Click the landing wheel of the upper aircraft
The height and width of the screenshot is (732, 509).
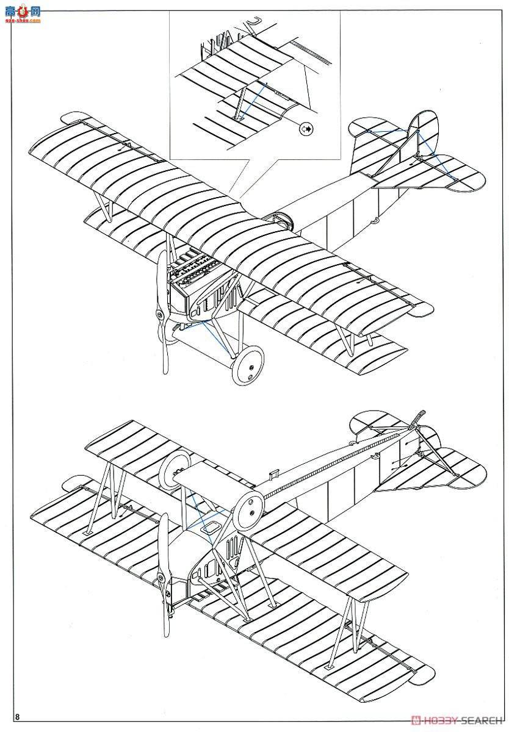tap(249, 367)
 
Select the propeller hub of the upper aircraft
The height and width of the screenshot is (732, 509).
tap(159, 314)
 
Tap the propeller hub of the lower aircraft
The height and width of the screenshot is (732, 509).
tap(161, 578)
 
